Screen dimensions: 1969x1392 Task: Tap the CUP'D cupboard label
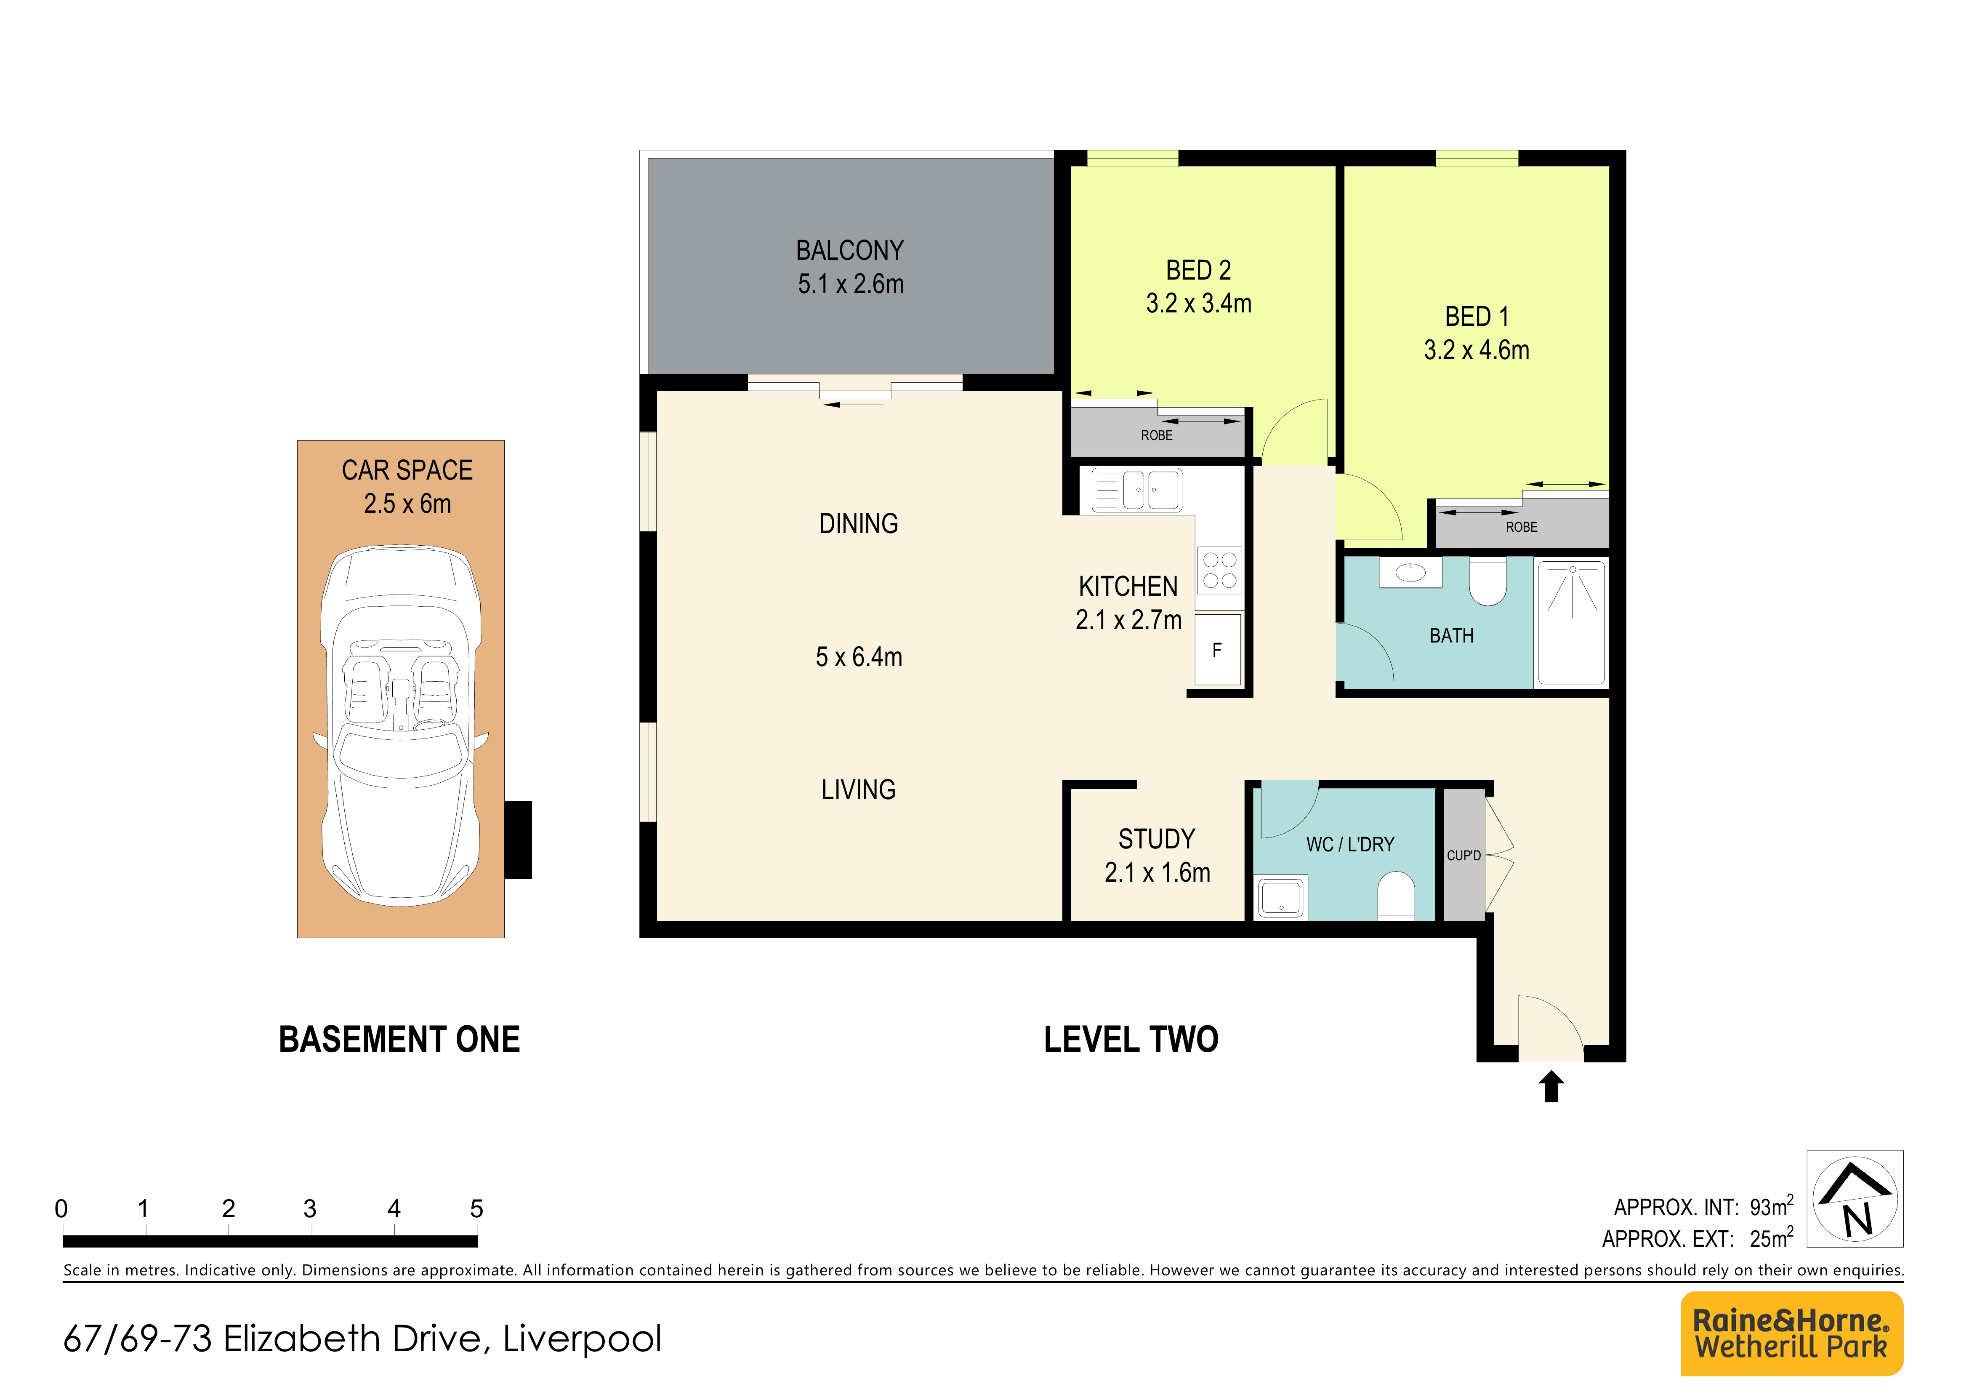(x=1464, y=855)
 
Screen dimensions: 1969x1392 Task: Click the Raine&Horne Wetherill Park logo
(x=1791, y=1333)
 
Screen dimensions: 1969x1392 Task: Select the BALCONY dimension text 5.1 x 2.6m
(x=851, y=284)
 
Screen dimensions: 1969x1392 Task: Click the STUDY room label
(x=1156, y=839)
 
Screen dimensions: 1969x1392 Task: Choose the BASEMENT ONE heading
(x=399, y=1040)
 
